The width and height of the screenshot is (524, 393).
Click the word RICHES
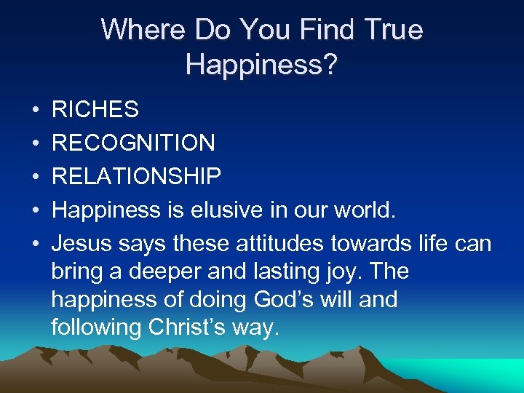point(95,110)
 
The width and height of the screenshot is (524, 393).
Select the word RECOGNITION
point(133,143)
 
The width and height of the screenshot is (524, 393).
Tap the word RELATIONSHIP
point(137,176)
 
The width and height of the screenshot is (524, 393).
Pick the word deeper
point(164,272)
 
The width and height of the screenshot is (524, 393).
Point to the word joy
point(352,272)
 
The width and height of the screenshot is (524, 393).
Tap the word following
point(96,327)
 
